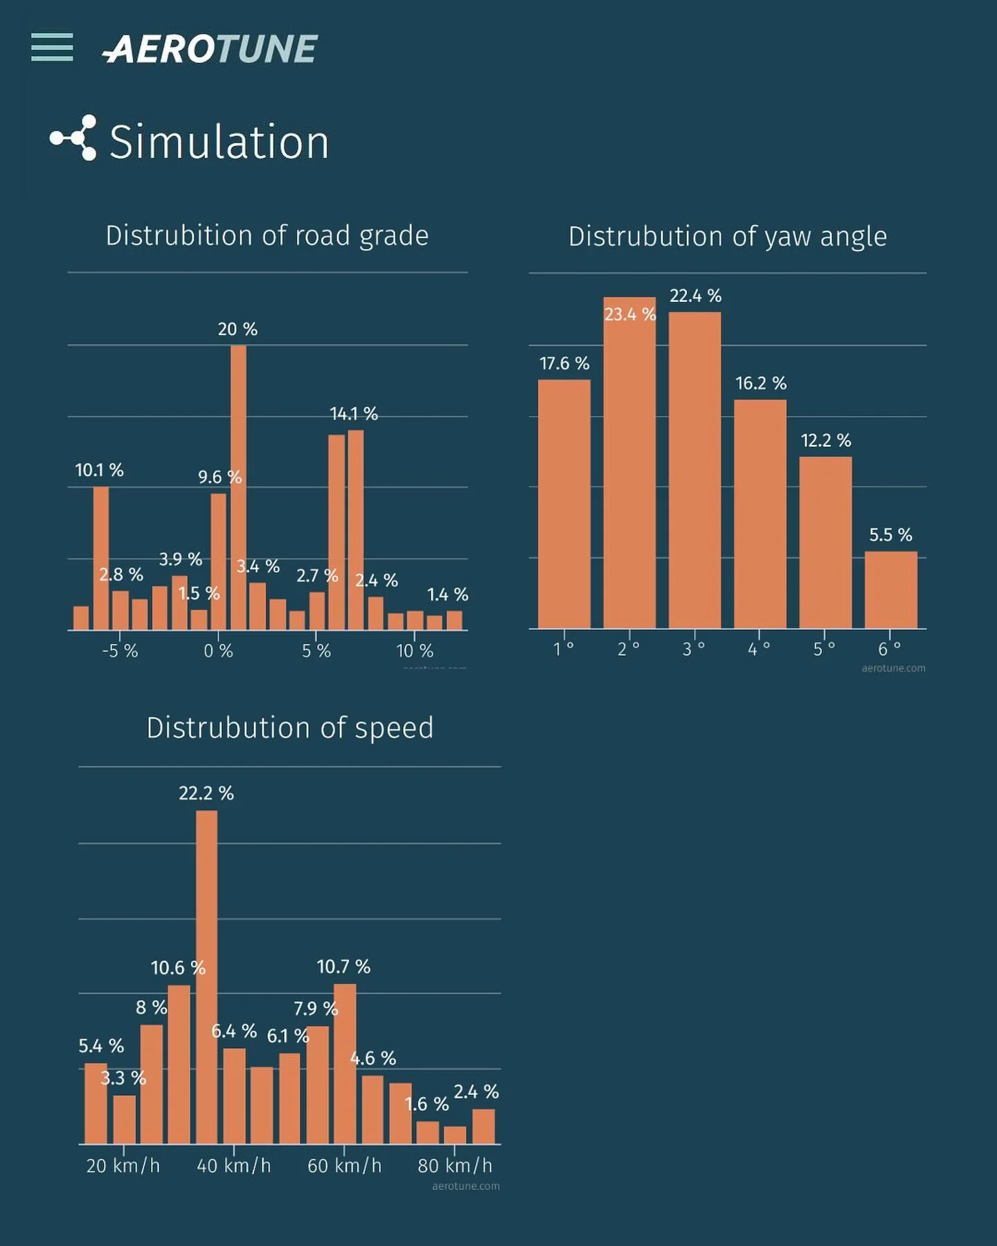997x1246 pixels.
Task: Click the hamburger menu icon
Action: [52, 47]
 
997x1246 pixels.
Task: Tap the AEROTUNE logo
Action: [210, 49]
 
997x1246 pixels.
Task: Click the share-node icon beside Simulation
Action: [73, 138]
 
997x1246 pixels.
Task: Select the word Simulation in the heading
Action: [219, 142]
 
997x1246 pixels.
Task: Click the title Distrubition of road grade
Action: [267, 235]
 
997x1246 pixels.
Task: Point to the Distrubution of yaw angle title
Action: [727, 236]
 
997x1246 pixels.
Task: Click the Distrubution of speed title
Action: [289, 728]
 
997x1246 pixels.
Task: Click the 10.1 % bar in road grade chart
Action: [101, 558]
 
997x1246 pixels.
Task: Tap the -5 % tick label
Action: [120, 651]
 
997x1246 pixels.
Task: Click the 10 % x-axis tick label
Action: [414, 651]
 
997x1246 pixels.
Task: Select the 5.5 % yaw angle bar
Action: [890, 590]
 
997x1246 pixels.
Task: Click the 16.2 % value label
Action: [760, 383]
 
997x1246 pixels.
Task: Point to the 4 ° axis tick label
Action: [759, 649]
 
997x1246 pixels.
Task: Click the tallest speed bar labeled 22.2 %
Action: [206, 976]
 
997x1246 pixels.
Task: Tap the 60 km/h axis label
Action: [344, 1166]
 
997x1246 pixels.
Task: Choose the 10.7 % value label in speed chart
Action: [343, 966]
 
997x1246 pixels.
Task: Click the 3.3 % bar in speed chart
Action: [125, 1119]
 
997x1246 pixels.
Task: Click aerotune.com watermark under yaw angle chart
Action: [893, 668]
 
